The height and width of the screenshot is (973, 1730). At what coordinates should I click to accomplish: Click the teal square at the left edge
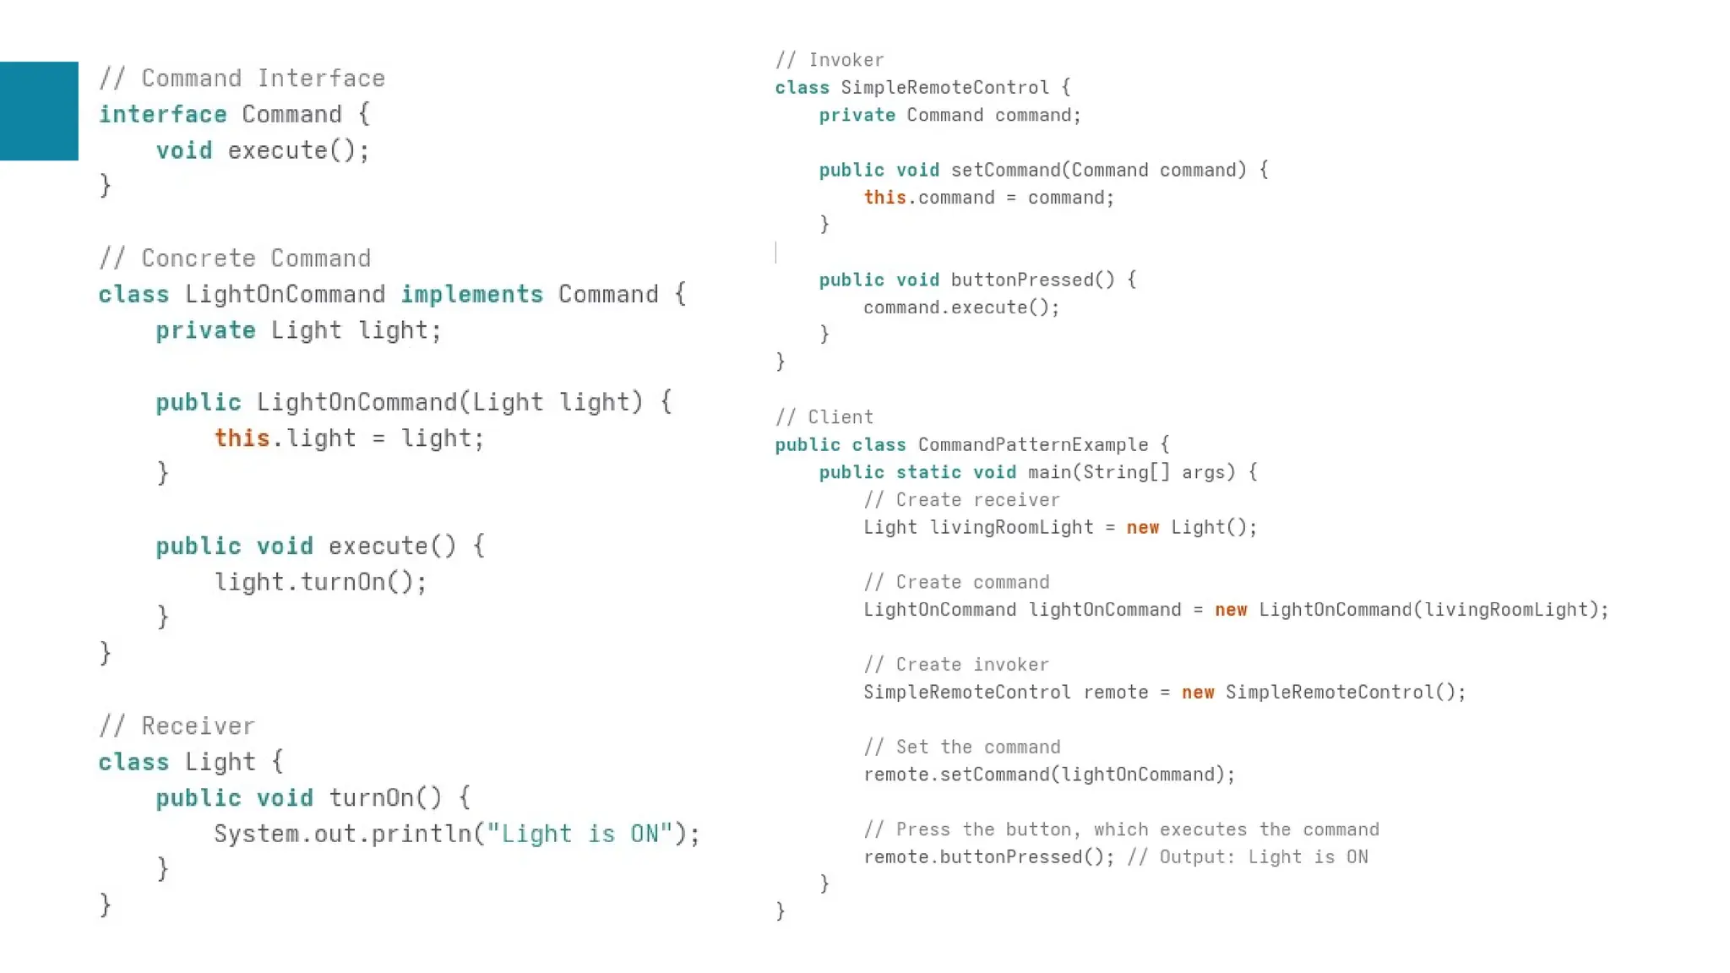39,111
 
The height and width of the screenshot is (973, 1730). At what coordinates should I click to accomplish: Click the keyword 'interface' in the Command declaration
163,115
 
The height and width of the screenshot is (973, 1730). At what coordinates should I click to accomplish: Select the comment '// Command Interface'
242,79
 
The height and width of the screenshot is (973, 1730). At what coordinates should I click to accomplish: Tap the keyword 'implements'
471,295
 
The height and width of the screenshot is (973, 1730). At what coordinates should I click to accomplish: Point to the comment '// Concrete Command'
235,258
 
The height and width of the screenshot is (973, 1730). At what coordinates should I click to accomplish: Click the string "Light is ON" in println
579,834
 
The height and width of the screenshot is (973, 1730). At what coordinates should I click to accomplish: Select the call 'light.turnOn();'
320,583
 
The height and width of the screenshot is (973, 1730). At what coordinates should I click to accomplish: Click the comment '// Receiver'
177,726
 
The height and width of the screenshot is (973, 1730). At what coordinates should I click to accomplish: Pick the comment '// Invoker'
830,60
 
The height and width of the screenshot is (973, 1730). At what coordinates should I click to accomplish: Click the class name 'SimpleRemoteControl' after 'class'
944,88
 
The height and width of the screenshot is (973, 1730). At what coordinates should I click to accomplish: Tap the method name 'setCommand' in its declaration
1005,171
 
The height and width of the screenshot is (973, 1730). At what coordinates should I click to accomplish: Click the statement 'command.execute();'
961,307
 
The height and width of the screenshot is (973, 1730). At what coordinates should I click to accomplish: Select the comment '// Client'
824,417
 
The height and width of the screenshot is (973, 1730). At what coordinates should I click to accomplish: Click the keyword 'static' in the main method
928,472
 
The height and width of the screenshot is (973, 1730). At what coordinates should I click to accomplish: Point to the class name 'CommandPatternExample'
1033,445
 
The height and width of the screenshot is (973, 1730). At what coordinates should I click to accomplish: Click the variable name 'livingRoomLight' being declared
1011,528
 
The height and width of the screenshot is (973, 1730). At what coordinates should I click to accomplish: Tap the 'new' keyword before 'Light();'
1142,528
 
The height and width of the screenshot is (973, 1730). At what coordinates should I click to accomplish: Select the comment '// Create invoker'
956,665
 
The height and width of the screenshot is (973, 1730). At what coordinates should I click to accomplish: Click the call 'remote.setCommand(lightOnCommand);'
1049,775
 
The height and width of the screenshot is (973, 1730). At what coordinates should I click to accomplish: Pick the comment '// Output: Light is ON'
1247,857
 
